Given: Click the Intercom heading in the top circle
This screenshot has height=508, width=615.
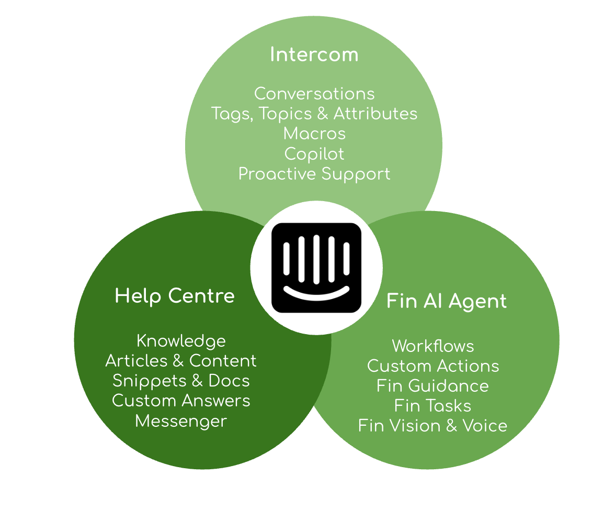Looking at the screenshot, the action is pyautogui.click(x=314, y=54).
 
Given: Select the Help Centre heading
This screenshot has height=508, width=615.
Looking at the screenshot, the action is pyautogui.click(x=175, y=296).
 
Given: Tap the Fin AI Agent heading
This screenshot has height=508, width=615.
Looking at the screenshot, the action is pyautogui.click(x=447, y=301).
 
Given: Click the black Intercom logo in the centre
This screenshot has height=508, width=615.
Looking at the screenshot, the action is pyautogui.click(x=316, y=268).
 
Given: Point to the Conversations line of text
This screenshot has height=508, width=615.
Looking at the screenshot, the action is pyautogui.click(x=314, y=94).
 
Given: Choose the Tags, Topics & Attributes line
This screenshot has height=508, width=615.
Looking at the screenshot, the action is pyautogui.click(x=314, y=114).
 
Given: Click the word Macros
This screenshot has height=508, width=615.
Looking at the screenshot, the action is pyautogui.click(x=314, y=134).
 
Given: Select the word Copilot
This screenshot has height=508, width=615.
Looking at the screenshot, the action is pyautogui.click(x=314, y=154).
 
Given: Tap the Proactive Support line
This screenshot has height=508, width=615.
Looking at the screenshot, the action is pyautogui.click(x=314, y=174).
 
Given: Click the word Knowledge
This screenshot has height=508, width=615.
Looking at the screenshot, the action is pyautogui.click(x=181, y=341).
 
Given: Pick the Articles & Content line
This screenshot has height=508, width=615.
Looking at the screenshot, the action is pyautogui.click(x=181, y=361).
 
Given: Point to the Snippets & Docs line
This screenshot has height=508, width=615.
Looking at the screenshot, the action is pyautogui.click(x=181, y=381).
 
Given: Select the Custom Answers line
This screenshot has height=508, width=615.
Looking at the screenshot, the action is pyautogui.click(x=181, y=401).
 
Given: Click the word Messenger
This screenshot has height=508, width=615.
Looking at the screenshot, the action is pyautogui.click(x=181, y=421).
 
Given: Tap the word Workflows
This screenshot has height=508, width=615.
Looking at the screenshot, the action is pyautogui.click(x=433, y=346).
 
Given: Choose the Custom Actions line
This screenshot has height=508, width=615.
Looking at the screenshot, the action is pyautogui.click(x=433, y=366).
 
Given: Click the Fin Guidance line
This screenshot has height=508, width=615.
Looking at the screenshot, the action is pyautogui.click(x=432, y=386).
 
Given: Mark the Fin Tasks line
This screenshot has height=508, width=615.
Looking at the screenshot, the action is pyautogui.click(x=432, y=406).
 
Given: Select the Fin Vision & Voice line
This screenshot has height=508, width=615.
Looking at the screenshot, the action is pyautogui.click(x=432, y=426).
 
